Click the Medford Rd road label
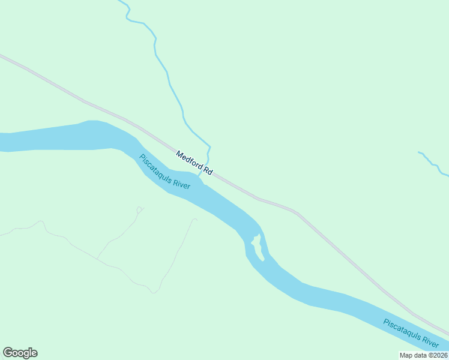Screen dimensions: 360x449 tap(194, 163)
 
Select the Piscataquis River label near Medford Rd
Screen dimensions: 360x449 tap(164, 172)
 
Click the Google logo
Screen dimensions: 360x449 tap(20, 352)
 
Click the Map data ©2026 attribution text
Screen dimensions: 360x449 tap(423, 355)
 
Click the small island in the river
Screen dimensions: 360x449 tap(258, 247)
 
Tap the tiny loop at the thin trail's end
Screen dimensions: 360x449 tap(140, 209)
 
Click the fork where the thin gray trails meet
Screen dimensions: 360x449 tap(97, 259)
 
